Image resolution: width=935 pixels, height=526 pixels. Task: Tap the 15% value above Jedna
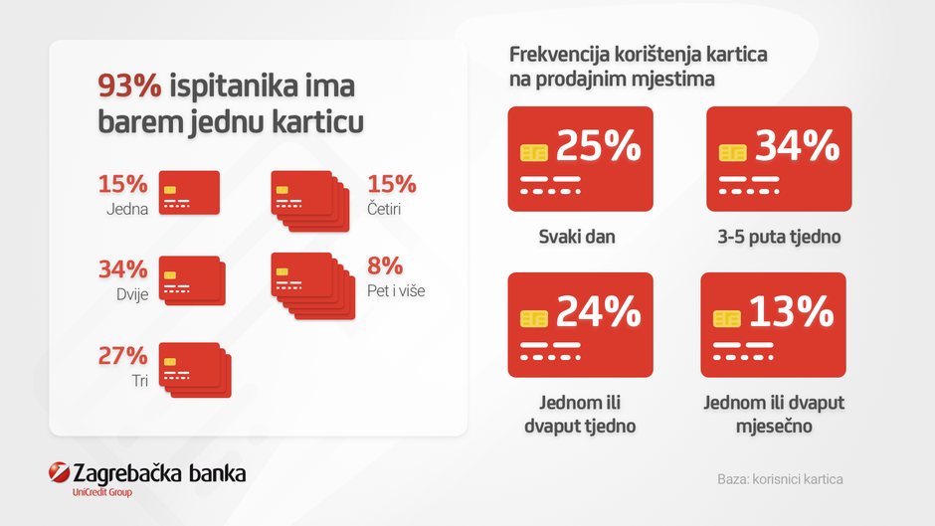122,185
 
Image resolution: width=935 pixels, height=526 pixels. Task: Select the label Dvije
128,294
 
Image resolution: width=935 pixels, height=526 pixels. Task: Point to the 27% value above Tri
122,356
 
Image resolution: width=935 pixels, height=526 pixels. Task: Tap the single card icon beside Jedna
189,192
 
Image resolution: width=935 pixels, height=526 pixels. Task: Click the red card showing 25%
580,159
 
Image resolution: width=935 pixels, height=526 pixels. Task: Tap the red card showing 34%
779,159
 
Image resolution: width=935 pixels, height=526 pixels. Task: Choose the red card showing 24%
580,324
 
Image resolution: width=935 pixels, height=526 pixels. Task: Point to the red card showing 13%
773,324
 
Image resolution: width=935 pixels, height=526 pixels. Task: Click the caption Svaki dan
577,238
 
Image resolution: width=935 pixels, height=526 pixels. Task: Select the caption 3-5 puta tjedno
780,238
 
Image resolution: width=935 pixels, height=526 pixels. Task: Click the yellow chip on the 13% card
728,318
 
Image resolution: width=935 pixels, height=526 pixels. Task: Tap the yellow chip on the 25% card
534,152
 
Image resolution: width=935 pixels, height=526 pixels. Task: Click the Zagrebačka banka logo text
159,473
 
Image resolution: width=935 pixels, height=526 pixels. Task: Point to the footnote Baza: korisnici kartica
780,479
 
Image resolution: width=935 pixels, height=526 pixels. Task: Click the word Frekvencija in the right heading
555,55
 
